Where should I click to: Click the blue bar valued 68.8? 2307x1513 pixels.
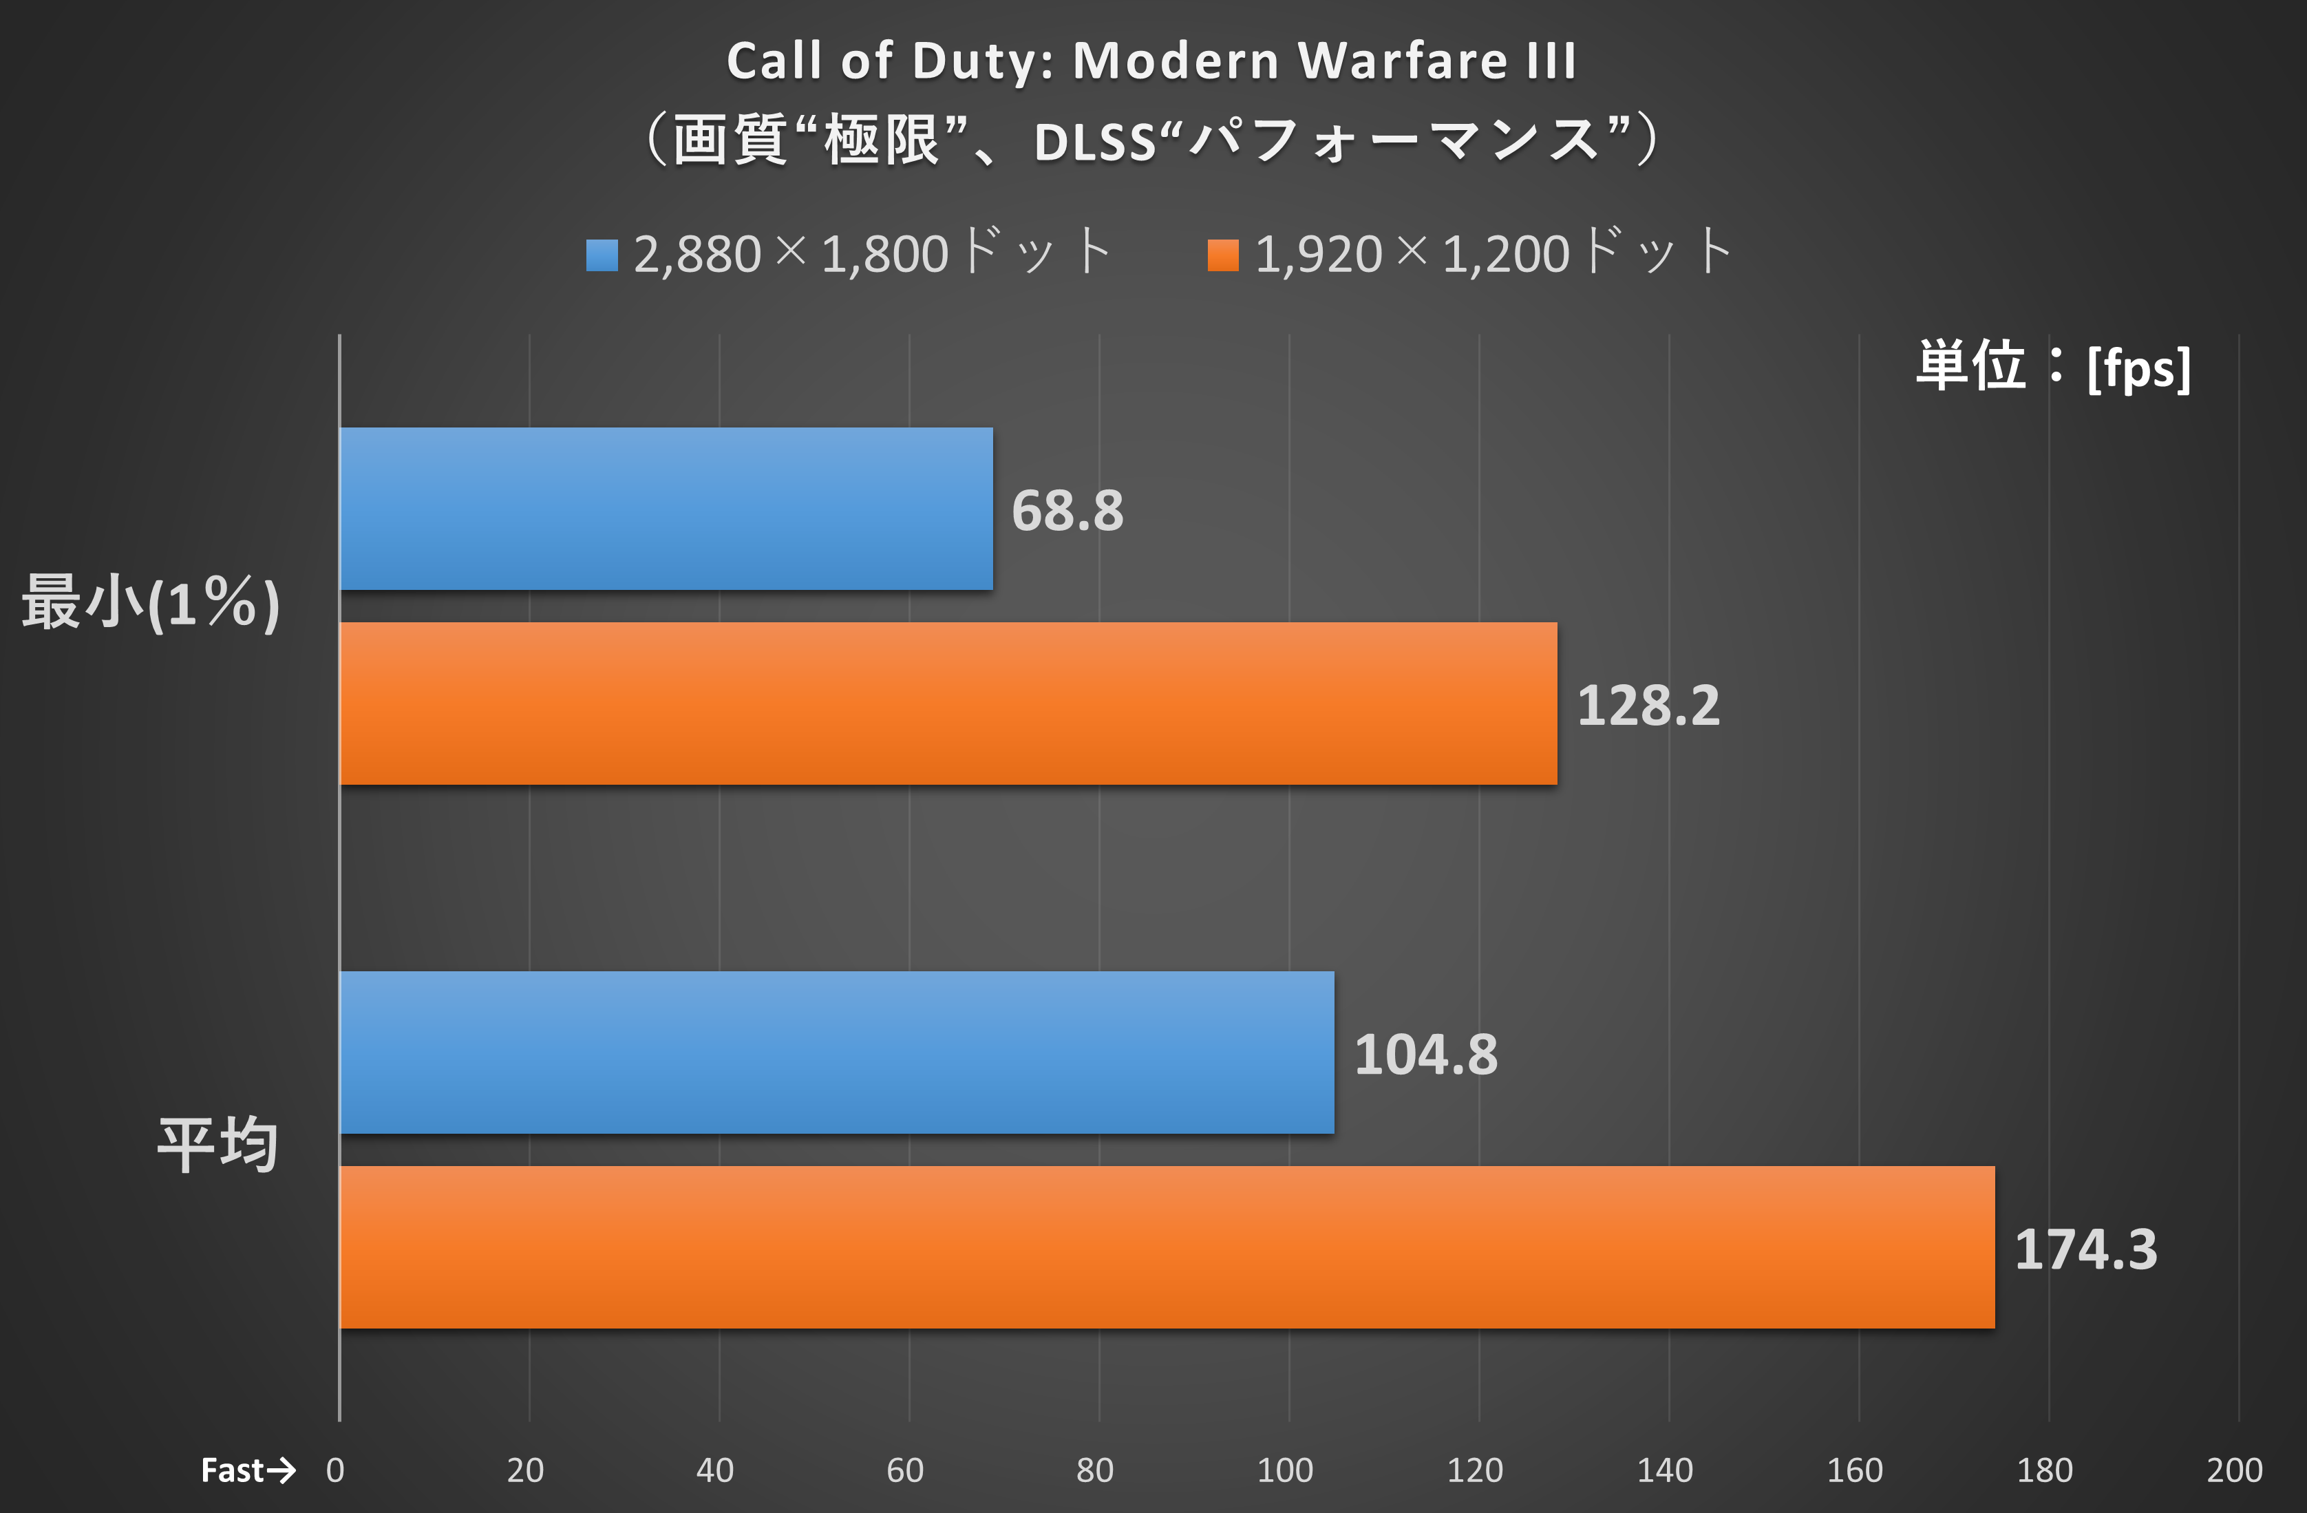[666, 509]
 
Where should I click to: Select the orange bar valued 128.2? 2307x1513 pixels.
[948, 703]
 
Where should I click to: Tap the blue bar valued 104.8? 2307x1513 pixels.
[836, 1052]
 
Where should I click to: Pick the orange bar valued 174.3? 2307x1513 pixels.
[1167, 1247]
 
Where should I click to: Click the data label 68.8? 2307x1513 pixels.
[1067, 511]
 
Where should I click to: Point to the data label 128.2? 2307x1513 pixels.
[1648, 706]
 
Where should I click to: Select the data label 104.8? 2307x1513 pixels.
[1425, 1055]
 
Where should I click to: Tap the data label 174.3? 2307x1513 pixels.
[2086, 1249]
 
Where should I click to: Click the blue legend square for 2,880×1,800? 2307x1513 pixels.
[602, 255]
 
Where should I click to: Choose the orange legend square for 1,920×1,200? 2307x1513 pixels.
[1223, 255]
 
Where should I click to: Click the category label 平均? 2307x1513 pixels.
[218, 1145]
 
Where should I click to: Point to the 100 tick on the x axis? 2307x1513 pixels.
[1286, 1470]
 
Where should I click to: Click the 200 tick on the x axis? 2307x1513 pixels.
[2234, 1470]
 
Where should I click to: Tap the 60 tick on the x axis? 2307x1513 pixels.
[905, 1470]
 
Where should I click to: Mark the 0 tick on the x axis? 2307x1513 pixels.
[335, 1470]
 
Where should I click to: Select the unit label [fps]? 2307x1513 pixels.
[2138, 368]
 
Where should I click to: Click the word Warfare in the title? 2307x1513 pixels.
[1402, 61]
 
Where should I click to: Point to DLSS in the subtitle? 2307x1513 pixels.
[1095, 142]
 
